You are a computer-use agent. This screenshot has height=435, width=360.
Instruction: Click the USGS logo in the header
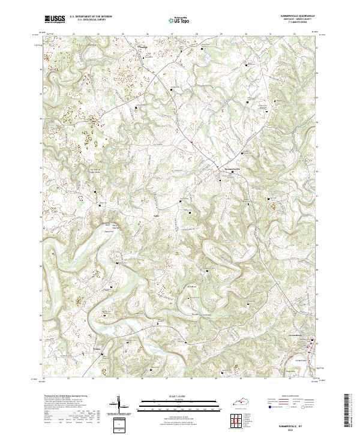pos(55,19)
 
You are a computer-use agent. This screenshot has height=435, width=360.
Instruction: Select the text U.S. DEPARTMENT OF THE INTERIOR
pos(90,17)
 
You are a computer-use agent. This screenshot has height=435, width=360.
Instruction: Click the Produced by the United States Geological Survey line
pos(60,397)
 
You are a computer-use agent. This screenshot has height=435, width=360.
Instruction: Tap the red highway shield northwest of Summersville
pos(191,142)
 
